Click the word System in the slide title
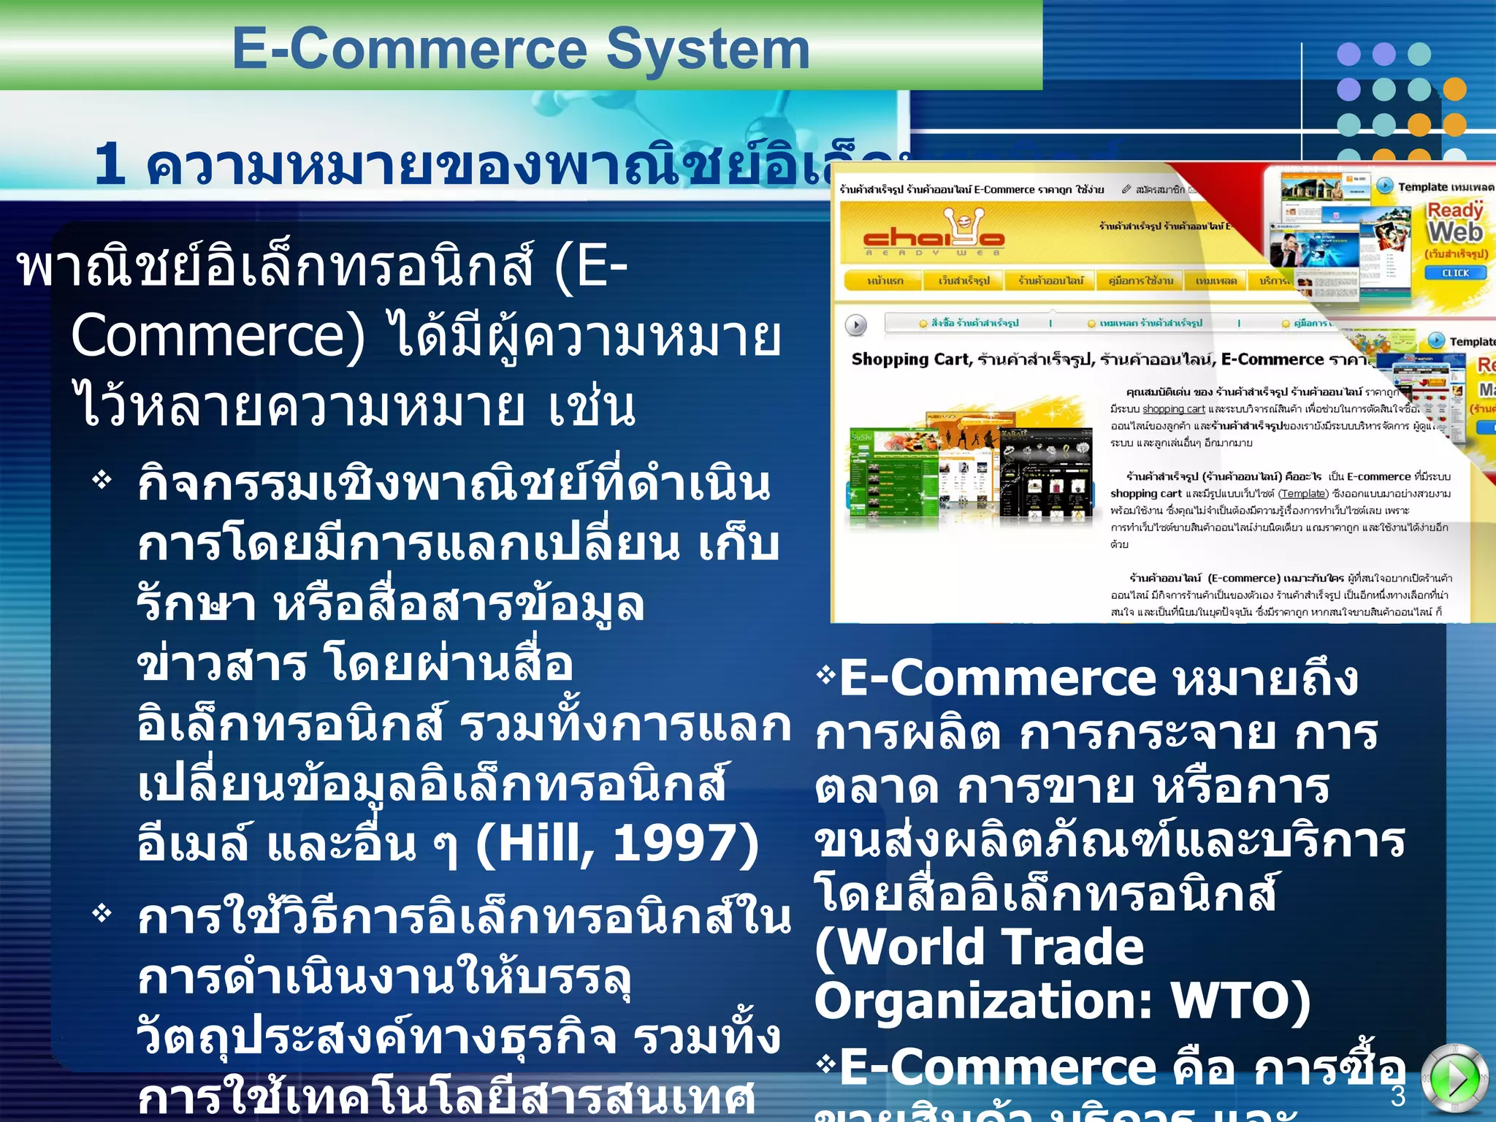pyautogui.click(x=708, y=50)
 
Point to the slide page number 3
pyautogui.click(x=1398, y=1096)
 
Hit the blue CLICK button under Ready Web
pyautogui.click(x=1455, y=272)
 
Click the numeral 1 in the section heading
pyautogui.click(x=110, y=164)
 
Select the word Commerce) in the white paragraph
pyautogui.click(x=217, y=337)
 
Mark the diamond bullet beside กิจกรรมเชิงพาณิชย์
pyautogui.click(x=102, y=480)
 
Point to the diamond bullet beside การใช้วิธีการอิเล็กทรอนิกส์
pyautogui.click(x=102, y=913)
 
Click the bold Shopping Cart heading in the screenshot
pyautogui.click(x=911, y=359)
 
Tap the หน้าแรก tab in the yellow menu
pyautogui.click(x=885, y=280)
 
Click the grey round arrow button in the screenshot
pyautogui.click(x=856, y=324)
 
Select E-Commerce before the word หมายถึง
pyautogui.click(x=998, y=679)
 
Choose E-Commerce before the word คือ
pyautogui.click(x=998, y=1067)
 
